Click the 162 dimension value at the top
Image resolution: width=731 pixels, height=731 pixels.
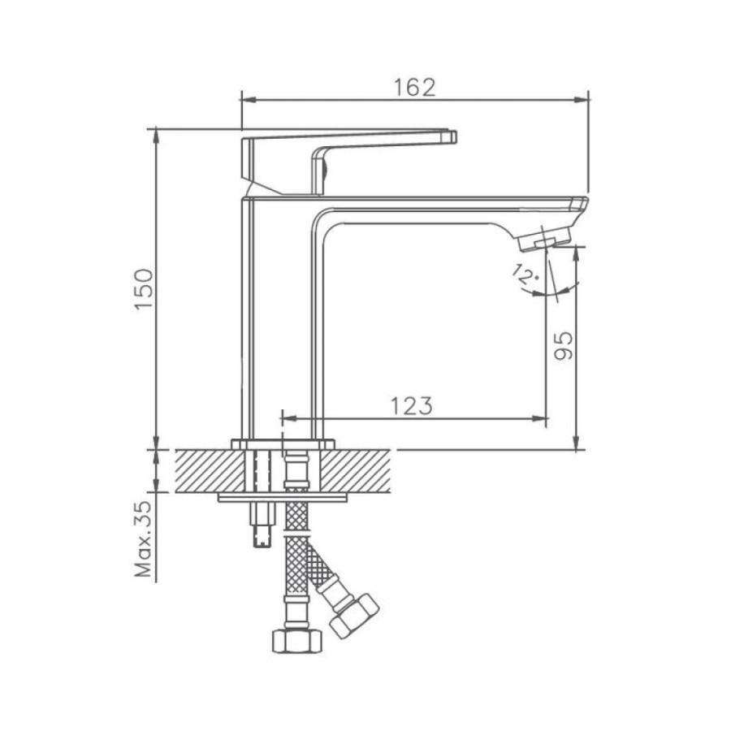pyautogui.click(x=414, y=87)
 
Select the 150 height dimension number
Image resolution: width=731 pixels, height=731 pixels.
pyautogui.click(x=144, y=288)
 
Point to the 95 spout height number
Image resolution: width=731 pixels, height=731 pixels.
pyautogui.click(x=563, y=346)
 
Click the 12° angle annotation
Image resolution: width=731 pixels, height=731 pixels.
pyautogui.click(x=524, y=275)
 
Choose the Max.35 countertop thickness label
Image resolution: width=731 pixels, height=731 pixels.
pyautogui.click(x=144, y=539)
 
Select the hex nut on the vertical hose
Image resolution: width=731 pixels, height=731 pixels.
pyautogui.click(x=297, y=642)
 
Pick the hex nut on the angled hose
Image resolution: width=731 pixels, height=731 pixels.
pyautogui.click(x=354, y=616)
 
